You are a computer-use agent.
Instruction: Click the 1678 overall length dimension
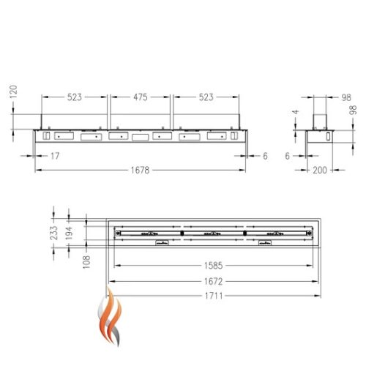click(140, 170)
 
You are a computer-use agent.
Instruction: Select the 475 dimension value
click(141, 97)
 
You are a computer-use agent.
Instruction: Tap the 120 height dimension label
click(14, 91)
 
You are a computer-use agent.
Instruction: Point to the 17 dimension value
click(55, 156)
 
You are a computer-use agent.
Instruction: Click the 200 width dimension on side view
click(320, 170)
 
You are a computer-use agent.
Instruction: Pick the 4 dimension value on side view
click(296, 112)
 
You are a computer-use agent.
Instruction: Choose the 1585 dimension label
click(213, 266)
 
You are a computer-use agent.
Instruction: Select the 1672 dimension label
click(213, 281)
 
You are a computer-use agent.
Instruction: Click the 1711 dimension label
click(214, 296)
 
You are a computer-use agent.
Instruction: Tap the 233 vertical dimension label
click(54, 233)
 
